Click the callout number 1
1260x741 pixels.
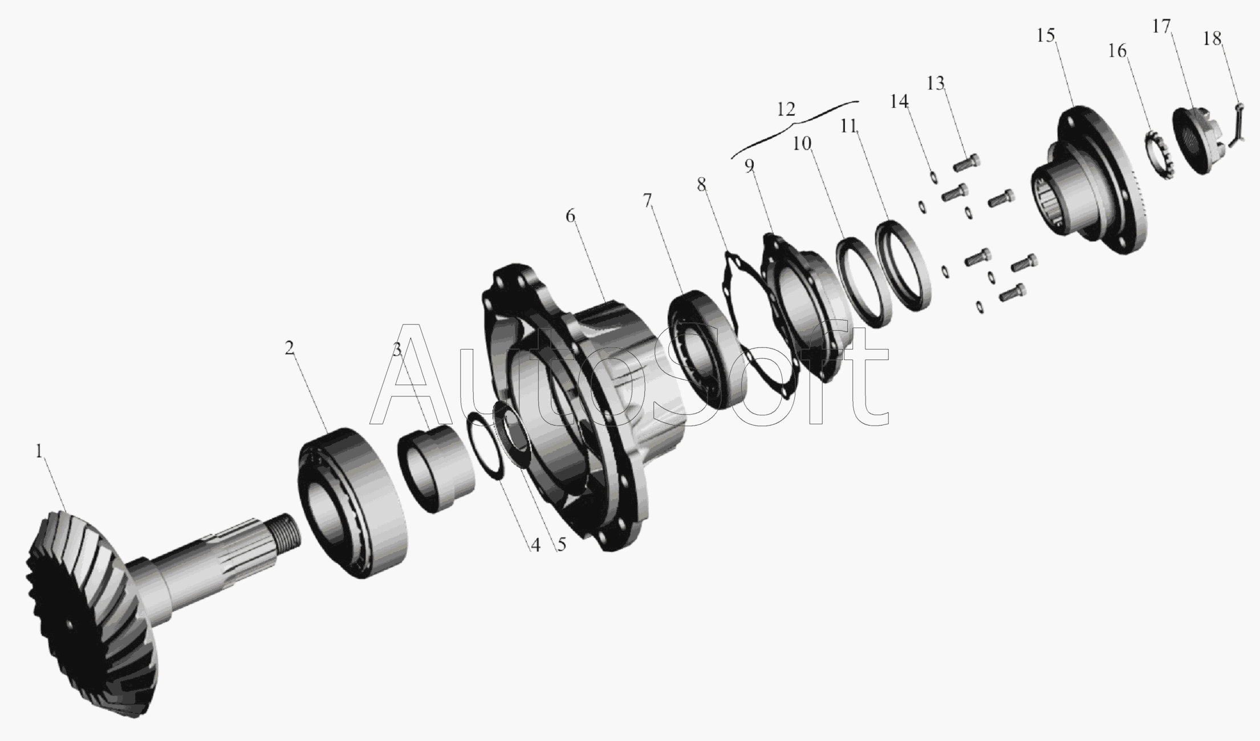(38, 452)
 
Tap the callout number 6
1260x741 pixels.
(570, 216)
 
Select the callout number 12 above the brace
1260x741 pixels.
(786, 109)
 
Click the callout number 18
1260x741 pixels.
(1212, 38)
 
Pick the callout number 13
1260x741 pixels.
(935, 83)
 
